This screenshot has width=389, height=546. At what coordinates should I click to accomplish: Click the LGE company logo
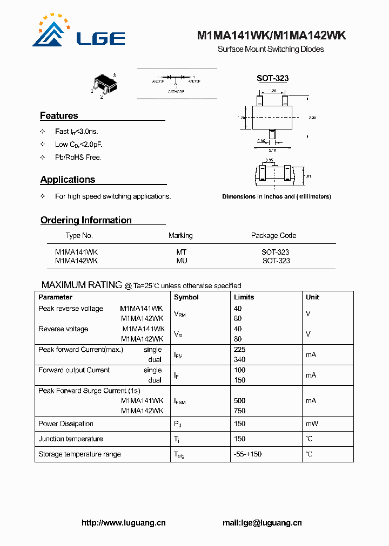[78, 33]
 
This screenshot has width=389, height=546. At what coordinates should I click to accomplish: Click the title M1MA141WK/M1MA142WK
[271, 36]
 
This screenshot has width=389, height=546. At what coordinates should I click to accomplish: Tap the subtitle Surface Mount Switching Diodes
[271, 49]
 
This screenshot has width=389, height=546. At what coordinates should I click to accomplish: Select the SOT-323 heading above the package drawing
[272, 78]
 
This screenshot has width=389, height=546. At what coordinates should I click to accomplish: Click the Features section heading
[59, 115]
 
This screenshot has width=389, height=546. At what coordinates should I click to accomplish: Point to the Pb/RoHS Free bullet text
[78, 158]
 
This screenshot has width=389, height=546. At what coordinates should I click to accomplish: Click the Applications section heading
[68, 180]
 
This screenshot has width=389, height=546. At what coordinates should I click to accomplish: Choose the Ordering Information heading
[86, 220]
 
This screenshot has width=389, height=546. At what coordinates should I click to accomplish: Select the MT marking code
[182, 252]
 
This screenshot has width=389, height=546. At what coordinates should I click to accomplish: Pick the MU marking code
[182, 261]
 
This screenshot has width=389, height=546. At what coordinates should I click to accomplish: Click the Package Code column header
[273, 235]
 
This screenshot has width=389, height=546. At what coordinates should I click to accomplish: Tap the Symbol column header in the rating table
[186, 297]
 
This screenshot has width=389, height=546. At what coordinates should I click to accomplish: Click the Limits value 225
[239, 350]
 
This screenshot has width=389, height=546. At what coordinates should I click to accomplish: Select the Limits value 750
[239, 411]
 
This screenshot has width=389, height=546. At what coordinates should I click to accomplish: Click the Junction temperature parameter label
[70, 439]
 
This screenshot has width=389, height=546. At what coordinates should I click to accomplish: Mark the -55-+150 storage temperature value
[247, 454]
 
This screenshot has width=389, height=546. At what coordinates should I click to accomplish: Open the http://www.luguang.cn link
[123, 523]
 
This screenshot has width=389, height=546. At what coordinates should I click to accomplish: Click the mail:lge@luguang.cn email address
[262, 523]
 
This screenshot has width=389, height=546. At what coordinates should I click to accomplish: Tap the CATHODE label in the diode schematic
[176, 92]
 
